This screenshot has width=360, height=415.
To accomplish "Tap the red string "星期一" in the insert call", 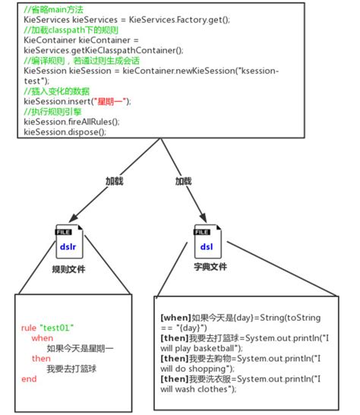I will click(x=109, y=101).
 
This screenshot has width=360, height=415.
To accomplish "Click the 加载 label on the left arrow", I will click(x=113, y=182).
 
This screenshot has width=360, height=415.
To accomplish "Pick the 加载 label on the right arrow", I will click(x=183, y=182).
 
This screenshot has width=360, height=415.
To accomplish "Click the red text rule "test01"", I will click(x=47, y=328).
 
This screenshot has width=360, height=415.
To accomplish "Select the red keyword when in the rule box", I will click(x=43, y=338).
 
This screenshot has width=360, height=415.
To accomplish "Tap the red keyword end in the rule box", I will click(x=29, y=379).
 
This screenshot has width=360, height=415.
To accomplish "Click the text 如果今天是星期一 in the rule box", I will click(x=81, y=348).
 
